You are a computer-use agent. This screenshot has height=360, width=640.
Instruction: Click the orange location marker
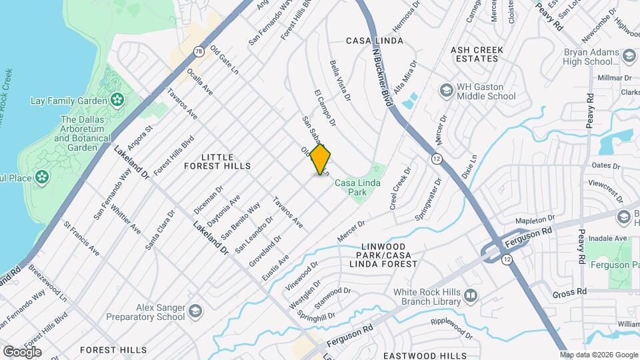coord(321,159)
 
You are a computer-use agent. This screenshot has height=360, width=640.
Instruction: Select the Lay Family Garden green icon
coord(118,101)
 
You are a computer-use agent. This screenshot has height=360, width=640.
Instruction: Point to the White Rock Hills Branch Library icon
coord(471,295)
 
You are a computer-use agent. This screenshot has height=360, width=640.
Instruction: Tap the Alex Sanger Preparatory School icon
coord(195,311)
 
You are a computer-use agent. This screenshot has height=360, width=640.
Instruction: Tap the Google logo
coord(21,351)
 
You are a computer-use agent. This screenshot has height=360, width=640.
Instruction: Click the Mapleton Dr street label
coord(535,219)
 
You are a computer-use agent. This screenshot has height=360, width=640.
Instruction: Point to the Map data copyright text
coord(598,355)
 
